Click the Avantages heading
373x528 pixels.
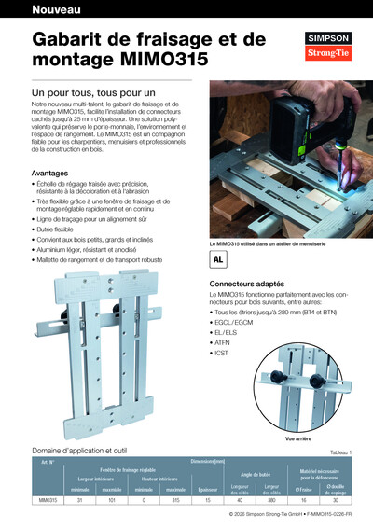tap(50, 173)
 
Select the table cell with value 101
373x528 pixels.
tap(111, 501)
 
